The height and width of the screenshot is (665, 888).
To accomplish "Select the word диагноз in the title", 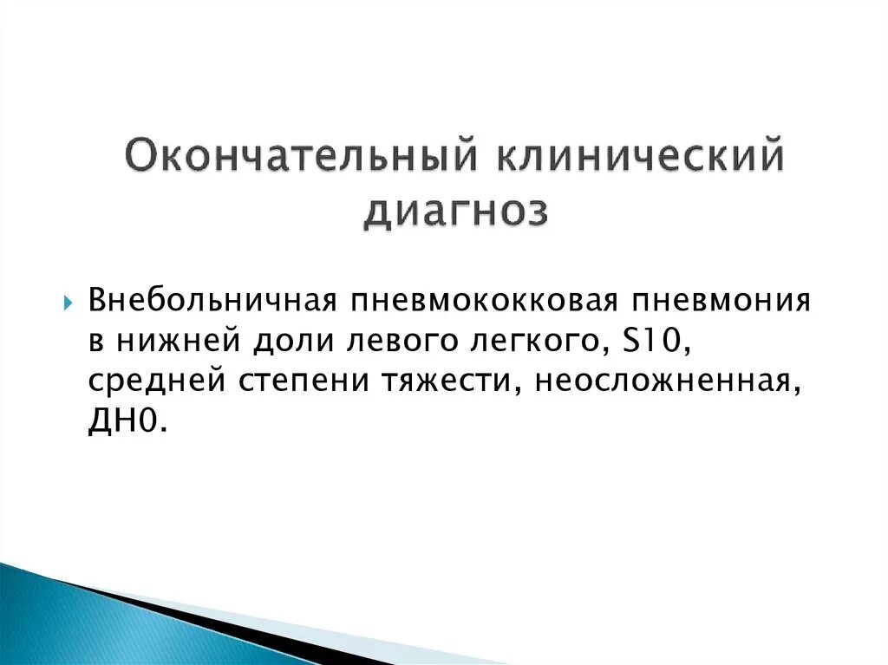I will [455, 212].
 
